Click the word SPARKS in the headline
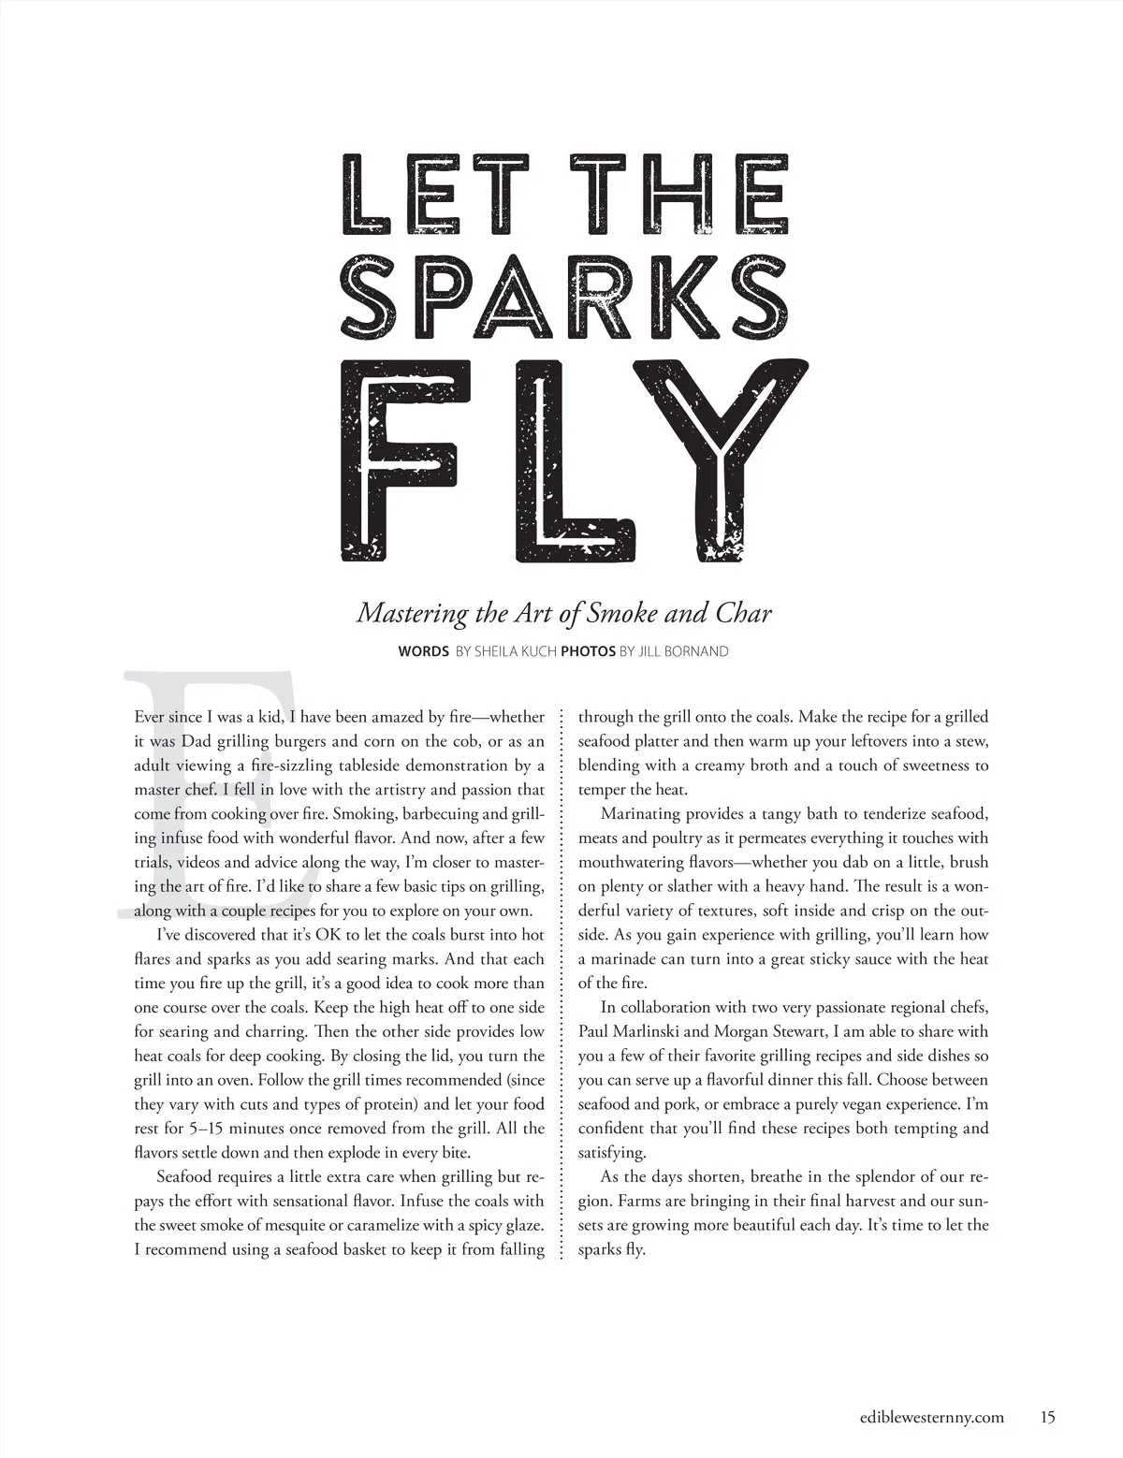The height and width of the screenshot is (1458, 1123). click(x=561, y=277)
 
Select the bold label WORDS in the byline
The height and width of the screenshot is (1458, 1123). click(x=423, y=650)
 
